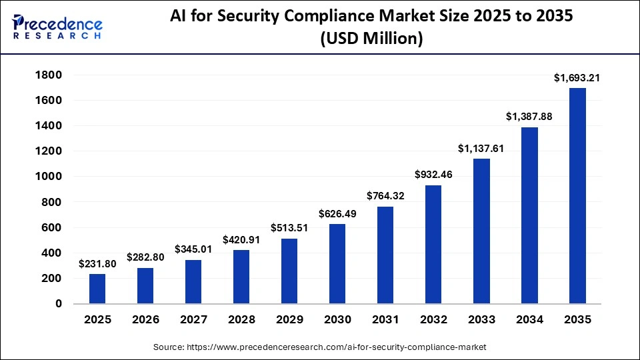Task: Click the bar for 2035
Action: (x=577, y=196)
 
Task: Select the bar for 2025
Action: (x=97, y=289)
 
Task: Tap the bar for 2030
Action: (x=337, y=264)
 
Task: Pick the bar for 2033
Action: (x=481, y=231)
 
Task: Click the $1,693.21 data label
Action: (x=577, y=78)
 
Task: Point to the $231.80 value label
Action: (x=97, y=264)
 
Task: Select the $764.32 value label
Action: (x=385, y=196)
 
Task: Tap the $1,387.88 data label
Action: (x=529, y=117)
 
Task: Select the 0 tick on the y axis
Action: (x=59, y=304)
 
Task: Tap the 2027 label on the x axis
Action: (x=193, y=320)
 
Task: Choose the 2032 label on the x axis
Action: (x=433, y=320)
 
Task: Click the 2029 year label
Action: (x=289, y=320)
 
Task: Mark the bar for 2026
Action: (x=145, y=286)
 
